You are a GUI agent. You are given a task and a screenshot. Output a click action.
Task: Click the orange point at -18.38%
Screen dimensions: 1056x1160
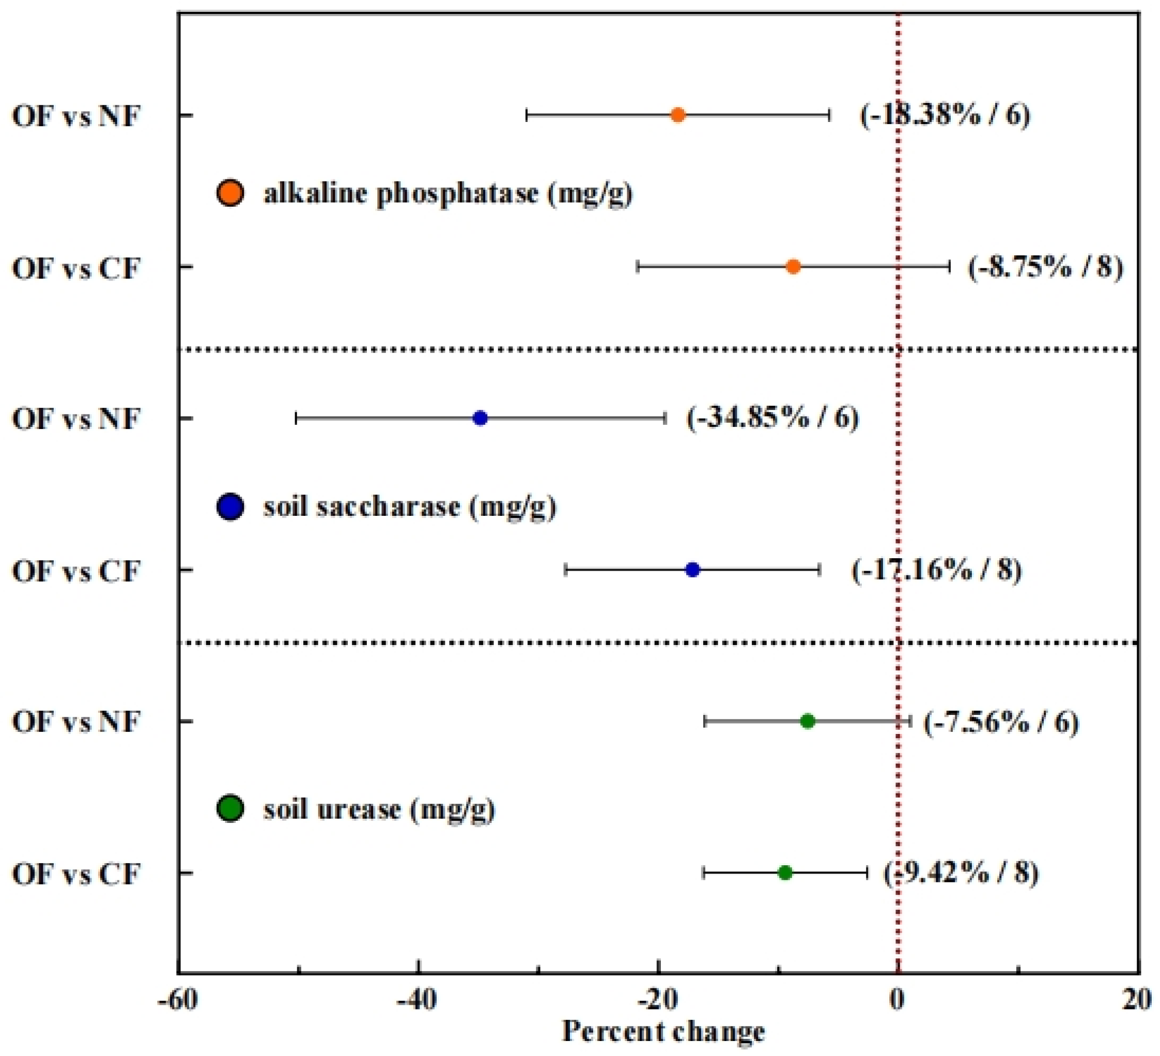point(678,115)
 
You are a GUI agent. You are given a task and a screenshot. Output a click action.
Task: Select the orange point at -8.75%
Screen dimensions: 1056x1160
point(793,266)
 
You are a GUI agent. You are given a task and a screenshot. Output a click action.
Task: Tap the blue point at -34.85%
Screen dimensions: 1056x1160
point(480,418)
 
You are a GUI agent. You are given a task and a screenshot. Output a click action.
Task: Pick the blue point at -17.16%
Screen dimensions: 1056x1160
point(692,570)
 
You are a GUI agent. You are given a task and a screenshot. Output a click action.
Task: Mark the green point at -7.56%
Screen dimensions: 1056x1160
point(807,721)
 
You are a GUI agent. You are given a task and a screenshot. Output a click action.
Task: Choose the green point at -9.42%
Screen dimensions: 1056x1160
point(785,873)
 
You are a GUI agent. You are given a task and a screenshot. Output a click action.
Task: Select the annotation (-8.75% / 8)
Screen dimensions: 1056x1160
point(1045,268)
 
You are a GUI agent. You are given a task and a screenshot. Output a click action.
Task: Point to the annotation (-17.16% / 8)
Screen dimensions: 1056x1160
point(936,570)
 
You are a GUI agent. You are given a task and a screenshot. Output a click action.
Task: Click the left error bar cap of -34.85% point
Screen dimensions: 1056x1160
point(296,418)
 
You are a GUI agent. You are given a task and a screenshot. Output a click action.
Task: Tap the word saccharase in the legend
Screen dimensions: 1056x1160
point(361,507)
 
